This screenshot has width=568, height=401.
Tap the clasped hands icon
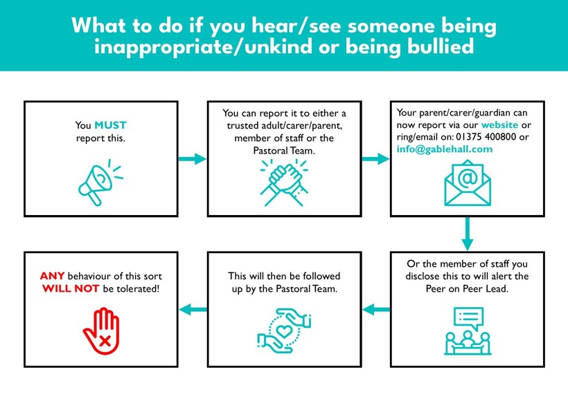[285, 183]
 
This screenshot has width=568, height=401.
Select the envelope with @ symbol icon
[468, 183]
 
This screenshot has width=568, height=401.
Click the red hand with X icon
[101, 331]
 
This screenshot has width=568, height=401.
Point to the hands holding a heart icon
[285, 330]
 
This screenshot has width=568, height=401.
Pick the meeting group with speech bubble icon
[468, 331]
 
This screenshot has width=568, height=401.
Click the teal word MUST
[111, 125]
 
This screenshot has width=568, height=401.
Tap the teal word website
[499, 124]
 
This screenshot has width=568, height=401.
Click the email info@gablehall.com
[445, 149]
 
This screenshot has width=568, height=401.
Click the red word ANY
[52, 276]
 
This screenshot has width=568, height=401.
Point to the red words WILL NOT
[71, 288]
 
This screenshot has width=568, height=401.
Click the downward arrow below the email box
[468, 234]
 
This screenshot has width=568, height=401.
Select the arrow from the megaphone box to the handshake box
[193, 159]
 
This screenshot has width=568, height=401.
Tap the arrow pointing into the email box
[375, 159]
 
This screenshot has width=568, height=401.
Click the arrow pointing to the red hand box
[193, 310]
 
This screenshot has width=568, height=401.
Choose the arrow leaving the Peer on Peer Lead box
[376, 310]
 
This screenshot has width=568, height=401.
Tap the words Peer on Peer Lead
[467, 288]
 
